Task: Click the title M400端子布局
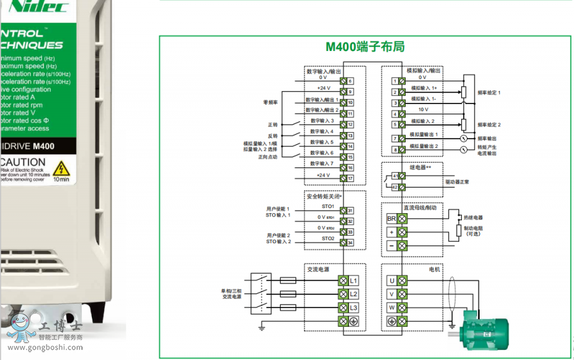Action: [x=365, y=47]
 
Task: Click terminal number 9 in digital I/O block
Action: [x=350, y=92]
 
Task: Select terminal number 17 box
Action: [x=350, y=178]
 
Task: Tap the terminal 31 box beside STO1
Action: [x=350, y=211]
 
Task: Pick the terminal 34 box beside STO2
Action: [x=350, y=243]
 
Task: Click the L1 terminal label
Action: [x=354, y=280]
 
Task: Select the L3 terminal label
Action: [x=354, y=308]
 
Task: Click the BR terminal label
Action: [x=392, y=218]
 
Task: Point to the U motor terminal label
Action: [x=392, y=280]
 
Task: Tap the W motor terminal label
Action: [x=392, y=308]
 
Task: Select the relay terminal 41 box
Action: [x=395, y=176]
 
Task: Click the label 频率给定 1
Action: [x=489, y=93]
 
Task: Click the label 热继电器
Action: [x=473, y=218]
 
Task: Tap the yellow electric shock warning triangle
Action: [x=61, y=169]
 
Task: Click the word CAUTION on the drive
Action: [x=23, y=162]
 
